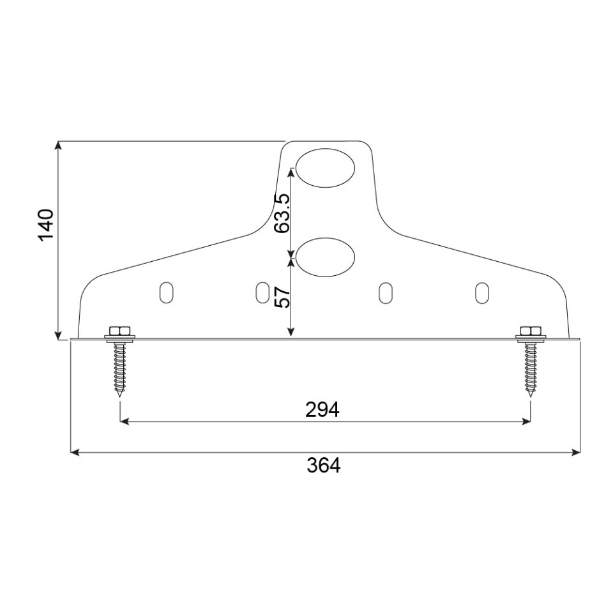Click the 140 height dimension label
click(46, 225)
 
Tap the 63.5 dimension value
click(282, 213)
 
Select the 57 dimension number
click(282, 298)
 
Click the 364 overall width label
click(323, 465)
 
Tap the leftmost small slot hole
click(167, 292)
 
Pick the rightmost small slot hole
click(482, 292)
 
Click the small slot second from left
click(262, 292)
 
